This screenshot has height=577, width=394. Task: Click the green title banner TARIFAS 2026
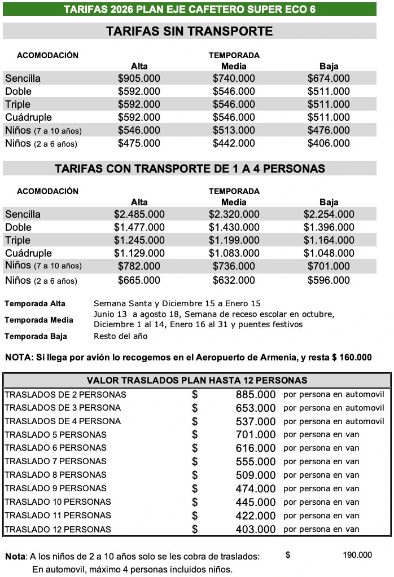tap(189, 10)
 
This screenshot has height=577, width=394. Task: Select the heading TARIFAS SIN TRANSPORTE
tap(189, 31)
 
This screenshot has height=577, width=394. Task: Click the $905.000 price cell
tap(139, 78)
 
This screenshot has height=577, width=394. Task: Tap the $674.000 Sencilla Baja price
tap(329, 78)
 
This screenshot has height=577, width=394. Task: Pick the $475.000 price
tap(139, 143)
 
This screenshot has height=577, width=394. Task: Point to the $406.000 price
tap(329, 143)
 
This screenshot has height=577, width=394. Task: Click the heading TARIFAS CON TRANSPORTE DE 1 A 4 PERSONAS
tap(190, 169)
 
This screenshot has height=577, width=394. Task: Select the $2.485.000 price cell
tap(139, 214)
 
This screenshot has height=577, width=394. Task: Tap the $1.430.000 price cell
tap(234, 227)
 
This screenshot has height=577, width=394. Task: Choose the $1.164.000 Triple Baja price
tap(329, 240)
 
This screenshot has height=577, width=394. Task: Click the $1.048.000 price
tap(329, 253)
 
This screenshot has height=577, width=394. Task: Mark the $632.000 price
tap(234, 280)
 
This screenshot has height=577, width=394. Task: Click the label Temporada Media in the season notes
tap(39, 320)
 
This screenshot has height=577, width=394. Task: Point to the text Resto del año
tap(120, 336)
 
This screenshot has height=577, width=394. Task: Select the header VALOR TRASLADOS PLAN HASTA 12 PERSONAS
tap(196, 380)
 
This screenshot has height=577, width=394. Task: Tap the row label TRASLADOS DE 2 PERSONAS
tap(65, 394)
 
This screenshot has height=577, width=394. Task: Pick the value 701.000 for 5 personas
tap(256, 435)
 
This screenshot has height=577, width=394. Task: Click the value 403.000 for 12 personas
tap(256, 529)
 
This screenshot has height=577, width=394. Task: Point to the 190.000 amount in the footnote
tap(357, 556)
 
